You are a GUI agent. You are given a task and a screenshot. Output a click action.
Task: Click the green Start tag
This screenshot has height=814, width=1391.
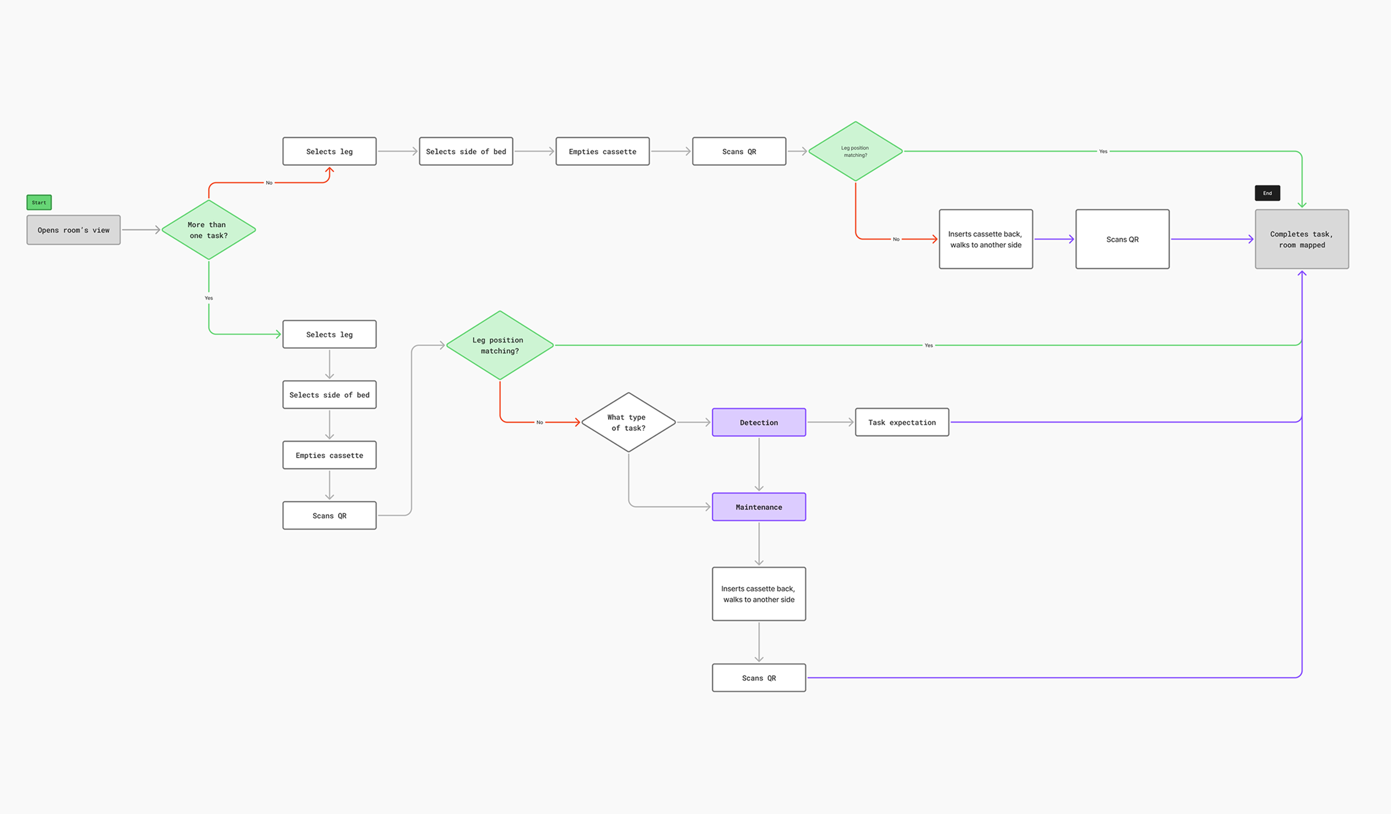pos(39,202)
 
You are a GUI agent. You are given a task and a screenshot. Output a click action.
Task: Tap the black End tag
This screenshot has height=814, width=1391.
pos(1267,193)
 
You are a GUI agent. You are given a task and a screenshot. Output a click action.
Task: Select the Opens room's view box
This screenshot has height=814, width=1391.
pos(73,230)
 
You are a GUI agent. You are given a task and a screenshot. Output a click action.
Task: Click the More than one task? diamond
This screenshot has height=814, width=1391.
pos(209,230)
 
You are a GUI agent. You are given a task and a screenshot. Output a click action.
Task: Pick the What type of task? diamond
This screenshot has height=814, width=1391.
pos(628,423)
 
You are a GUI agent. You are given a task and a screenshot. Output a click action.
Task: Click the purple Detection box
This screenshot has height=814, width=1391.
pos(759,423)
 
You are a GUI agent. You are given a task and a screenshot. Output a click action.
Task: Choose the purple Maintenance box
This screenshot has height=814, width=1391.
pos(759,507)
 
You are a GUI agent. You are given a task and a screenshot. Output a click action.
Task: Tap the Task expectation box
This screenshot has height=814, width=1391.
pos(902,423)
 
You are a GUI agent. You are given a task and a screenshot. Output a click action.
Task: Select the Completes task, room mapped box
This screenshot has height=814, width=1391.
pos(1302,240)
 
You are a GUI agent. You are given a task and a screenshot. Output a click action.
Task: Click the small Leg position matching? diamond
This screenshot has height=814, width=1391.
pos(855,152)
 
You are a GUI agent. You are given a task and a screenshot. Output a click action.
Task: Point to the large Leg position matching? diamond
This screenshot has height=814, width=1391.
pos(500,345)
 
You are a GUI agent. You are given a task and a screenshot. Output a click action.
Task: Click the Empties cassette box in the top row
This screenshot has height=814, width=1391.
pos(603,152)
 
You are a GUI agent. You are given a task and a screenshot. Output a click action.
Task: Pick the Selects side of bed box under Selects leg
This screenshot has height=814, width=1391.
pos(329,395)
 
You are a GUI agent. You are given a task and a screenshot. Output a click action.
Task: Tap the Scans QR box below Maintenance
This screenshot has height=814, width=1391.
pos(759,678)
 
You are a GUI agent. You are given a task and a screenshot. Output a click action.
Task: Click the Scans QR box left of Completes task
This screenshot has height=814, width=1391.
pos(1122,240)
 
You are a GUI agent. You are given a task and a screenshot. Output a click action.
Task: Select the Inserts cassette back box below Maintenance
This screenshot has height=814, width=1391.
pos(759,594)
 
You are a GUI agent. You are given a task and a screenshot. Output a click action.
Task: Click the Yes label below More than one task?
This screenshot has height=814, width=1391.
pos(209,298)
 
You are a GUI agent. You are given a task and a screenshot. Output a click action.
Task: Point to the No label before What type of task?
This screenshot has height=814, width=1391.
pos(540,423)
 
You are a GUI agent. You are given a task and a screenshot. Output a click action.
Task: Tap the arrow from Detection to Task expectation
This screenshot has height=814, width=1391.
pos(830,423)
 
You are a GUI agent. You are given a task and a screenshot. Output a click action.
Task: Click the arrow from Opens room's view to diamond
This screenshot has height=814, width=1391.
pos(141,230)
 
